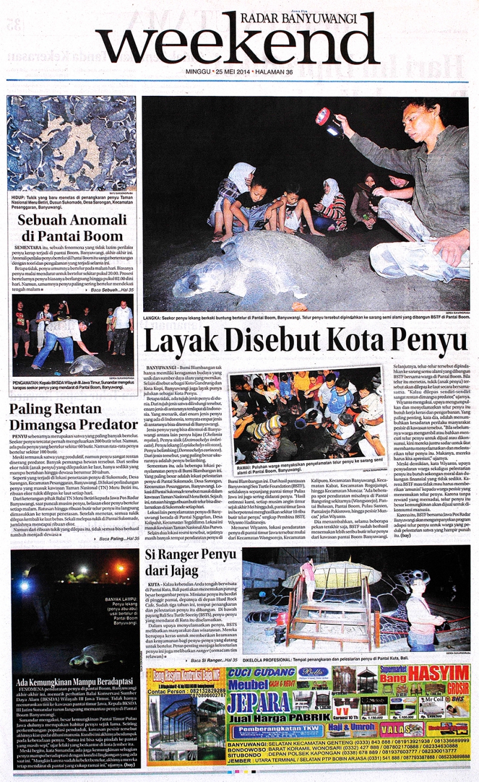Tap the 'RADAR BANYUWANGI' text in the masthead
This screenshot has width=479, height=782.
[307, 19]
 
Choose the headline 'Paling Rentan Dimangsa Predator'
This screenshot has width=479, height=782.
[70, 417]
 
